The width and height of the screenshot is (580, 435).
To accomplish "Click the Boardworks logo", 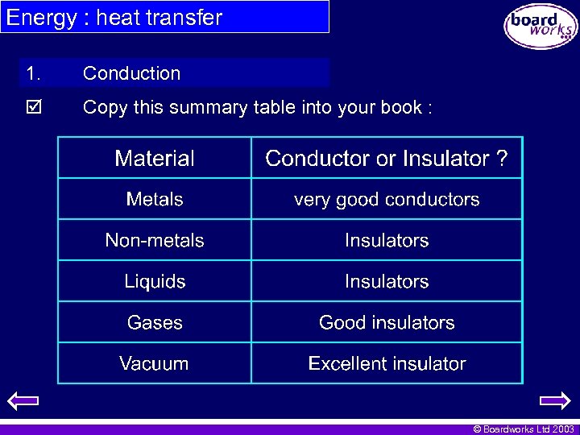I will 541,27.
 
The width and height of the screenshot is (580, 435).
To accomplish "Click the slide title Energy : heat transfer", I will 114,17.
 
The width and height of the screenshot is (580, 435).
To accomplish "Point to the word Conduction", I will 131,73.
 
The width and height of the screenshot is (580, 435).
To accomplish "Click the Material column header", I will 155,159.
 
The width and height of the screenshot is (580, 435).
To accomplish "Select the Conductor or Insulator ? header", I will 387,159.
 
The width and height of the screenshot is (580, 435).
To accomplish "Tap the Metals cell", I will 155,199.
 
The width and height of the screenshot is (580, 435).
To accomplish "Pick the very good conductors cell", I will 387,199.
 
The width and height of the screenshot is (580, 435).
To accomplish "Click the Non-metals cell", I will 155,240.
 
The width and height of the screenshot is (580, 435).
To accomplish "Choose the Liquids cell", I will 155,281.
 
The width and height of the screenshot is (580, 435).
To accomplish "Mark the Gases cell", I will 155,322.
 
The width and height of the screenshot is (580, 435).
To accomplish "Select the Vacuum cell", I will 155,363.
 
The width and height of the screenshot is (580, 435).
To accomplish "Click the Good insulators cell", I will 387,322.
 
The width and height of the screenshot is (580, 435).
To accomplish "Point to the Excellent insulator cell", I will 387,363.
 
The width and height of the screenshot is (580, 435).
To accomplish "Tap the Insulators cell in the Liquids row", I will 387,281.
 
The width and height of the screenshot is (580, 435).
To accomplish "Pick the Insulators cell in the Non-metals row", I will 387,240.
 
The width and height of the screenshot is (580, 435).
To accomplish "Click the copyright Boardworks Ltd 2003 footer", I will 524,429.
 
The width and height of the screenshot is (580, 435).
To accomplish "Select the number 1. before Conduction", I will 33,73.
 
